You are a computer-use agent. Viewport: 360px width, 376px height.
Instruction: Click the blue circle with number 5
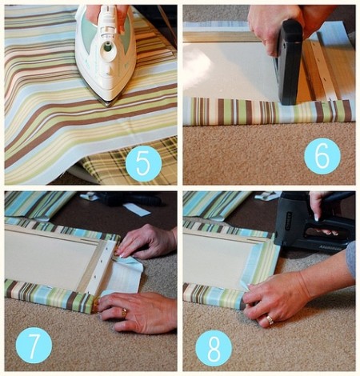[x=143, y=164]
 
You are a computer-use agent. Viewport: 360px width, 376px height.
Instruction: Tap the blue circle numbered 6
[x=322, y=156]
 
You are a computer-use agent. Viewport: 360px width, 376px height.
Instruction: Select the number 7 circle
[x=34, y=345]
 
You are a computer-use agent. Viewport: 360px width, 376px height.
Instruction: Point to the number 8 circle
[x=214, y=348]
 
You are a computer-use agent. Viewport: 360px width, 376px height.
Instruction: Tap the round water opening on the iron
[x=108, y=49]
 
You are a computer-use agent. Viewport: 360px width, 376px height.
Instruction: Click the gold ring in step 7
[x=124, y=313]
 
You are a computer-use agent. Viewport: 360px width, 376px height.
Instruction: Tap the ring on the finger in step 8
[x=270, y=319]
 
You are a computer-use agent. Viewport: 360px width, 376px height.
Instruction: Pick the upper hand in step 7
[x=146, y=242]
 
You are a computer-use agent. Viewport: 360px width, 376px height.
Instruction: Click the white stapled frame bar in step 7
[x=104, y=266]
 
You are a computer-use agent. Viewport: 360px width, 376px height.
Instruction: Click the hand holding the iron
[x=106, y=16]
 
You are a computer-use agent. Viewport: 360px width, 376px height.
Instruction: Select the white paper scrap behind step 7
[x=137, y=209]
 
